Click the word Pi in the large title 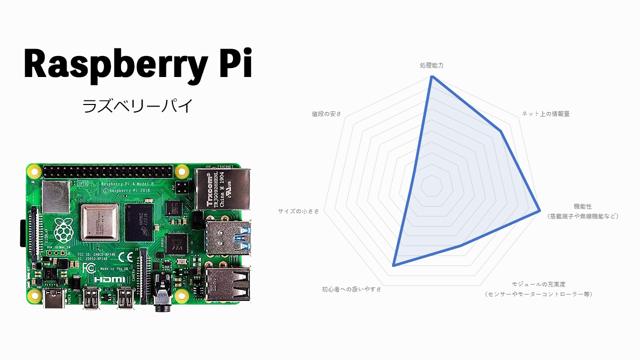coord(234,63)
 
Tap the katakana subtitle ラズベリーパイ coord(137,106)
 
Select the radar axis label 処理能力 coord(431,65)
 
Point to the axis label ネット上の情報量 coord(545,114)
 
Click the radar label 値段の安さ coord(326,114)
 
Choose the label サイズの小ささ coord(298,211)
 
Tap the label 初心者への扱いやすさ coord(351,289)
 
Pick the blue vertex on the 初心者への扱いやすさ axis coord(393,265)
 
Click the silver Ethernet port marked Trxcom coord(222,188)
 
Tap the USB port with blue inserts coord(228,237)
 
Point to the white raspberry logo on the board coord(62,230)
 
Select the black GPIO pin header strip coord(108,172)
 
